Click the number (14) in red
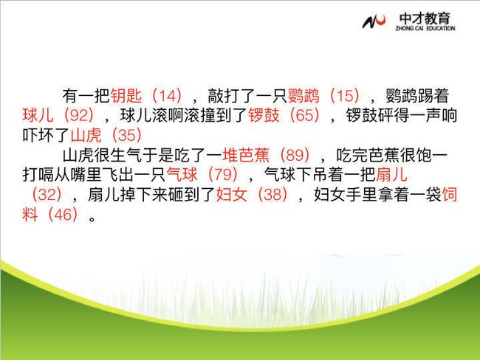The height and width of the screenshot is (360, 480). pyautogui.click(x=167, y=96)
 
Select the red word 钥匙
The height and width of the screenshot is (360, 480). pyautogui.click(x=126, y=96)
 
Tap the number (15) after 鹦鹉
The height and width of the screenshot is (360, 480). pyautogui.click(x=345, y=96)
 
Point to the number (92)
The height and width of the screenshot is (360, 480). pyautogui.click(x=79, y=115)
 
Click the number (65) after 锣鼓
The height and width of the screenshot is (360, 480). pyautogui.click(x=304, y=115)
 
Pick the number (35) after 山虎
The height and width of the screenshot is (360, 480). pyautogui.click(x=127, y=135)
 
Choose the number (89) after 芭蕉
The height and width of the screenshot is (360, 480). pyautogui.click(x=295, y=155)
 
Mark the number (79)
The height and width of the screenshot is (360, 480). pyautogui.click(x=222, y=175)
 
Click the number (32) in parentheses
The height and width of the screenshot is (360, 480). pyautogui.click(x=47, y=194)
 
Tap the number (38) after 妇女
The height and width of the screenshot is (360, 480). pyautogui.click(x=272, y=194)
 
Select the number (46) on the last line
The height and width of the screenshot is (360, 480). pyautogui.click(x=63, y=214)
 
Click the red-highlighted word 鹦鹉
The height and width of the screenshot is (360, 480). pyautogui.click(x=304, y=96)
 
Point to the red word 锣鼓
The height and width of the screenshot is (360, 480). pyautogui.click(x=264, y=115)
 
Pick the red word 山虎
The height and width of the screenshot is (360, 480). pyautogui.click(x=86, y=135)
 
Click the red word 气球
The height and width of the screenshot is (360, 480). pyautogui.click(x=182, y=175)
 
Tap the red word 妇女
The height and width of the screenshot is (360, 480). pyautogui.click(x=231, y=194)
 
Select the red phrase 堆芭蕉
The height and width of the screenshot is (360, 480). pyautogui.click(x=246, y=155)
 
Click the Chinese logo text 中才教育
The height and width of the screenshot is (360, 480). pyautogui.click(x=425, y=18)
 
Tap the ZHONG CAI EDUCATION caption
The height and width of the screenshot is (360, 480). pyautogui.click(x=425, y=29)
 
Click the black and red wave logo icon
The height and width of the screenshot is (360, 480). pyautogui.click(x=374, y=21)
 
